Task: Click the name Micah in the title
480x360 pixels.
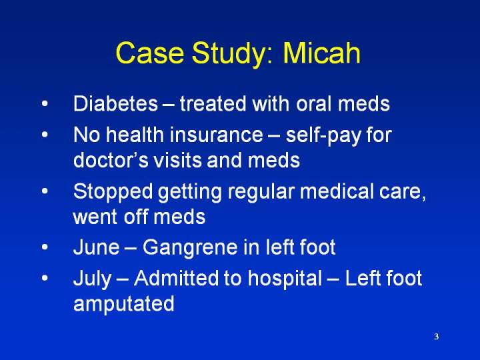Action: coord(321,53)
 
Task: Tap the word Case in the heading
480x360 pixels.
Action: coord(150,53)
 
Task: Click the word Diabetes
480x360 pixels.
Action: coord(115,103)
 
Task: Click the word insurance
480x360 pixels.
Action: coord(216,135)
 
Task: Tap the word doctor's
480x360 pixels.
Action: coord(111,160)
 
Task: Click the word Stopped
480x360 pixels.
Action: coord(113,193)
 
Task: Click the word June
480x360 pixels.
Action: coord(97,247)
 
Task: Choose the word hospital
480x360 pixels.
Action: coord(285,280)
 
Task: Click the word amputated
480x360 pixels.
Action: coord(124,305)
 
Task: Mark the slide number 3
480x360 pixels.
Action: coord(437,337)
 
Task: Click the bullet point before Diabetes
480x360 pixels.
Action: coord(45,103)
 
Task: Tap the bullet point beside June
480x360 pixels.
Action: coord(45,247)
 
